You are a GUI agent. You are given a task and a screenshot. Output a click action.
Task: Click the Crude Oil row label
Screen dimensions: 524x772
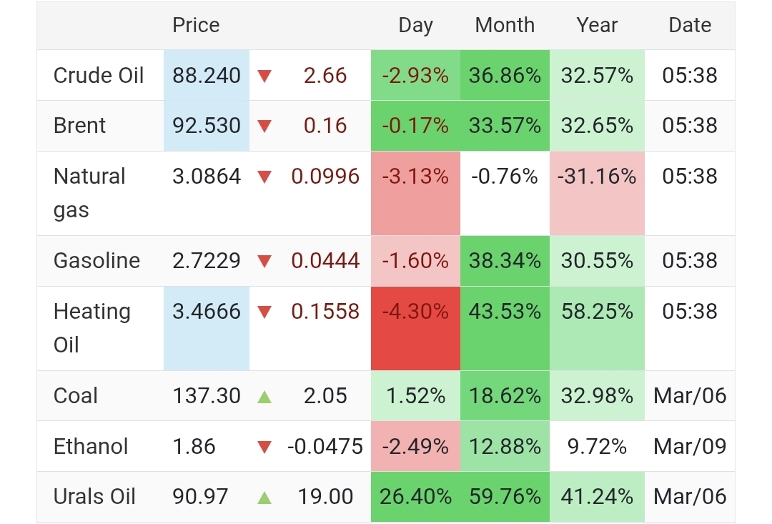99,75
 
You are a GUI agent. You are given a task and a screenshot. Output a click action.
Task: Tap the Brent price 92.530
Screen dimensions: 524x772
207,125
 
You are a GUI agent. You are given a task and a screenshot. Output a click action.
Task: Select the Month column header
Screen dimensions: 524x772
505,25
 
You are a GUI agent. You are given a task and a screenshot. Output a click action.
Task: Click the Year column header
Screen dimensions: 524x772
597,25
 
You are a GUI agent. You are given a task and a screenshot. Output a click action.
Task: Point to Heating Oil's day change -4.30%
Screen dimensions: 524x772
415,312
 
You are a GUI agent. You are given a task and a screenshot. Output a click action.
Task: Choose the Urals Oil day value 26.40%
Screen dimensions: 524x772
415,496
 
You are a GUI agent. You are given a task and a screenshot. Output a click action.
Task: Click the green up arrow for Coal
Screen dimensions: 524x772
264,396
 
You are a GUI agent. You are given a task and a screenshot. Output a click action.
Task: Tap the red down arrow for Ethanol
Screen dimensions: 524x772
264,448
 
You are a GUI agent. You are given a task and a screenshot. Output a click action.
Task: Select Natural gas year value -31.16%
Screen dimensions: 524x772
597,176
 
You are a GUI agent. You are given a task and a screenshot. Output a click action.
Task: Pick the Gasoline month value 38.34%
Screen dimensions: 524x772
505,260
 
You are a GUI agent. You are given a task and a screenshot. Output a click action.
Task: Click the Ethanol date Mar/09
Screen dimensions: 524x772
690,446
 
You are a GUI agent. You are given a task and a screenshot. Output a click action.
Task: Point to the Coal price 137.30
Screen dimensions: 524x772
207,395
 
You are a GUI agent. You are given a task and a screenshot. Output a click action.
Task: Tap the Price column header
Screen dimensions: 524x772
196,25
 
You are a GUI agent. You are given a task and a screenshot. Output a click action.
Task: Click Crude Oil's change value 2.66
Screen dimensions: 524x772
325,75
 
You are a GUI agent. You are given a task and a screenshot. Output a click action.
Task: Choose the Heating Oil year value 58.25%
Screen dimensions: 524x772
597,312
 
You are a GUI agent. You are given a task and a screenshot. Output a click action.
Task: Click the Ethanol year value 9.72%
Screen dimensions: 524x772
597,446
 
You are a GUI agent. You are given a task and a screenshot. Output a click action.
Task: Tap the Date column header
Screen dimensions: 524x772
690,25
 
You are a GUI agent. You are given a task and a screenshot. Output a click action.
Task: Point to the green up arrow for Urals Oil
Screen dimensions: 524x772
264,497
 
